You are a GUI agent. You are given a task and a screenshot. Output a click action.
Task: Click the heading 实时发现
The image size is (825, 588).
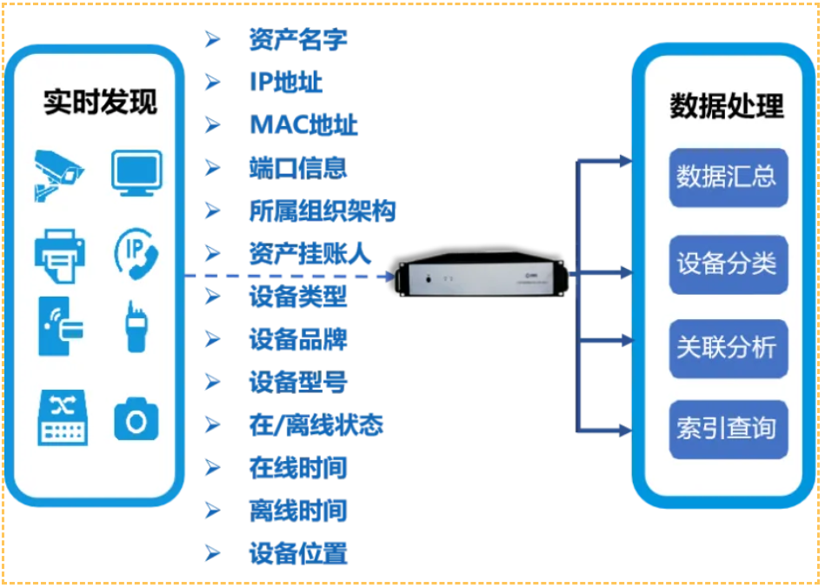coord(101,103)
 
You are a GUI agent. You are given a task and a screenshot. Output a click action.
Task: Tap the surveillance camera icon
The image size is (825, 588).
coord(58,174)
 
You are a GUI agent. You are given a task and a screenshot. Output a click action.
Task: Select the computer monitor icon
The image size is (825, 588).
coord(136,172)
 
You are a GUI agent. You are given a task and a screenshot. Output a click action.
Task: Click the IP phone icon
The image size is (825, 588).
coord(137,253)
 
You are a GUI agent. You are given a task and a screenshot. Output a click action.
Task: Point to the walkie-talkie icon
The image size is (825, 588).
coord(135,327)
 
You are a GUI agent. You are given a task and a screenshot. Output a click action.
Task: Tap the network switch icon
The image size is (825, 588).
coord(62,418)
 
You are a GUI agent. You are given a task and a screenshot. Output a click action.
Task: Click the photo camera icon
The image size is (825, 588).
coord(136,419)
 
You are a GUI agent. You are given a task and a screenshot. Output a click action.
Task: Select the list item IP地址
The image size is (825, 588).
coord(285,83)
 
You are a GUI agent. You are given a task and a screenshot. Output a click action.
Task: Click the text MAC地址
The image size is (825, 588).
coord(303,124)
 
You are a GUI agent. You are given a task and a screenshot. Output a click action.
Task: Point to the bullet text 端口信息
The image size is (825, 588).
coord(297,167)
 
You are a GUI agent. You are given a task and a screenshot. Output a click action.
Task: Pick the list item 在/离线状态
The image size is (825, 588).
coord(316,425)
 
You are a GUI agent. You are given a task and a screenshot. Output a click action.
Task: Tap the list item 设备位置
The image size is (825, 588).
coord(297,554)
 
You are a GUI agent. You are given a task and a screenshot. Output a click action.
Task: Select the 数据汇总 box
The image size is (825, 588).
coord(728,177)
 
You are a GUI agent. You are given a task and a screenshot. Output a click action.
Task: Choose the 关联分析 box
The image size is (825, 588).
coord(728,348)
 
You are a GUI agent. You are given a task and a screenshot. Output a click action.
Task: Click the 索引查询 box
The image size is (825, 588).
coord(728,429)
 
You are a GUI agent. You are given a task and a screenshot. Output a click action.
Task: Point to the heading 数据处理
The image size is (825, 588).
coord(727,106)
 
